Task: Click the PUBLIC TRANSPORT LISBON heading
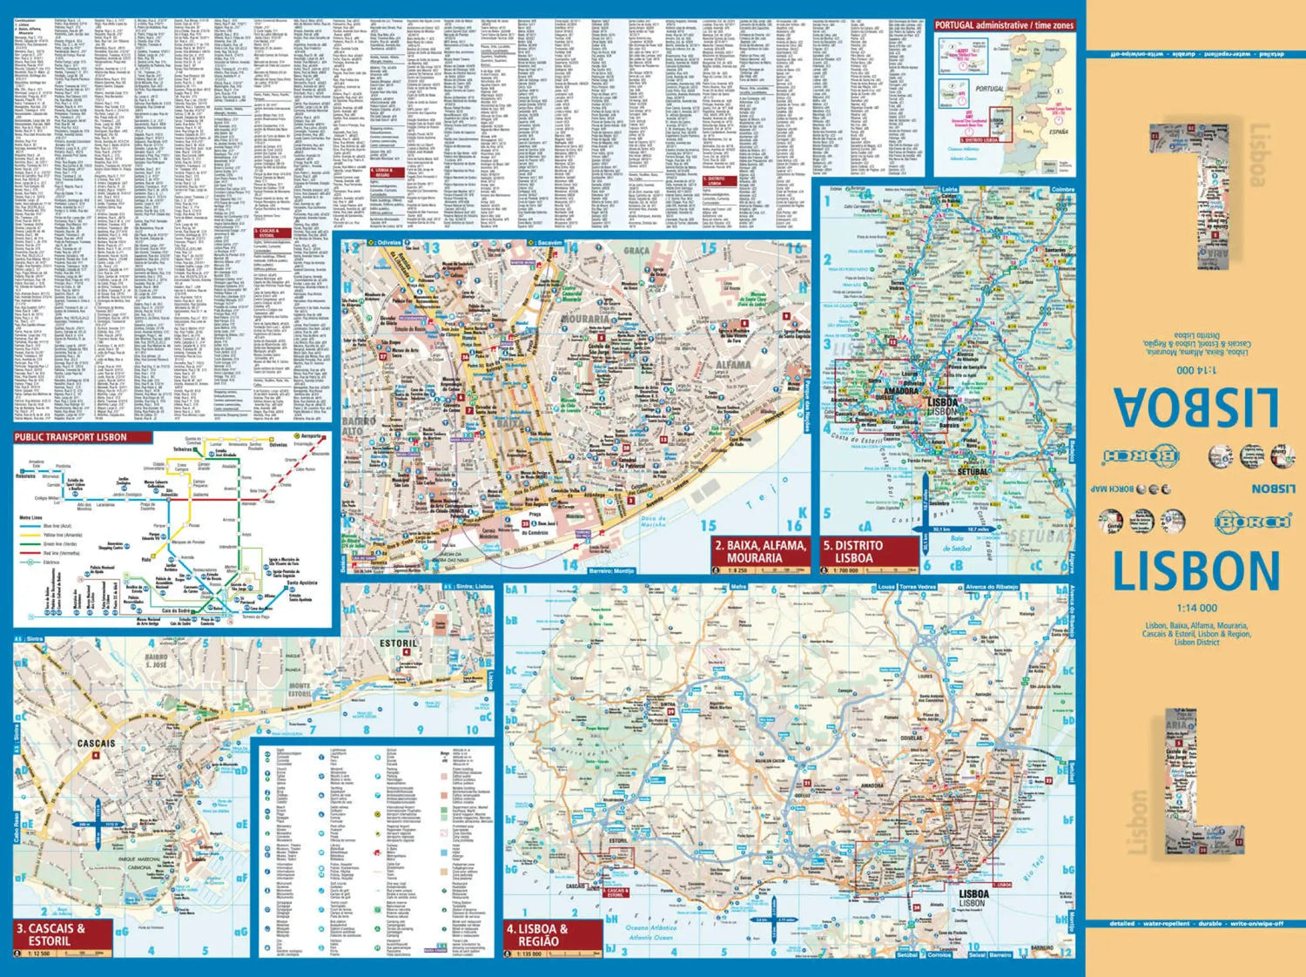pyautogui.click(x=71, y=437)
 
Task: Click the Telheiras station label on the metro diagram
pyautogui.click(x=183, y=449)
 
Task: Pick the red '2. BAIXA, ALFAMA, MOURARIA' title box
pyautogui.click(x=760, y=551)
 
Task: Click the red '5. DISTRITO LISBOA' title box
pyautogui.click(x=869, y=551)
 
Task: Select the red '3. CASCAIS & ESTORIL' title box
pyautogui.click(x=63, y=934)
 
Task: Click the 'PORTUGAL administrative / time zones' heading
pyautogui.click(x=1004, y=26)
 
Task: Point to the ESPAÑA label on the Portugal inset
pyautogui.click(x=1058, y=131)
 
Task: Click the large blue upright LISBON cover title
pyautogui.click(x=1196, y=571)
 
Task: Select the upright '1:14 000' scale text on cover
pyautogui.click(x=1196, y=609)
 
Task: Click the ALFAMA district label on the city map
pyautogui.click(x=733, y=365)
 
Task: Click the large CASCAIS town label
pyautogui.click(x=96, y=744)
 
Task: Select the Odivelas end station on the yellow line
pyautogui.click(x=278, y=444)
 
